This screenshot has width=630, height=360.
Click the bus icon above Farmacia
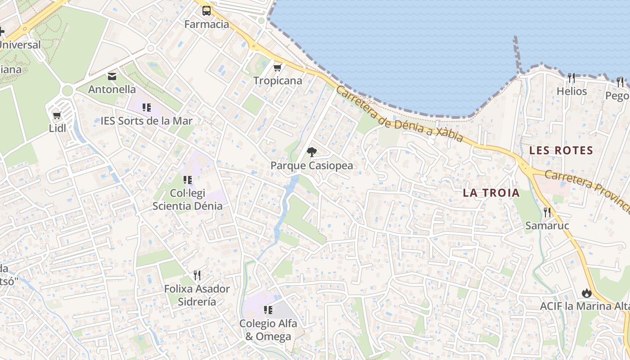pos(207,11)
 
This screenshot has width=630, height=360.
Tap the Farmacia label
pos(207,24)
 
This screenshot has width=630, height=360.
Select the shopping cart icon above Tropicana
pos(278,67)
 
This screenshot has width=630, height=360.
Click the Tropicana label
pos(278,81)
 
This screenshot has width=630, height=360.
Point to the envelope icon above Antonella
pos(112,76)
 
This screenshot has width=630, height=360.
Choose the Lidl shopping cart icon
pos(57,116)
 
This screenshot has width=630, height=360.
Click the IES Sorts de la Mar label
pos(146,121)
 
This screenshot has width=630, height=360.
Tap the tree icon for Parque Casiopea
pos(311,152)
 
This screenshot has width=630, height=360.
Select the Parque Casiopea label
pos(311,166)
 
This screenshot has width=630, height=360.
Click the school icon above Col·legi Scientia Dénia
pos(188,180)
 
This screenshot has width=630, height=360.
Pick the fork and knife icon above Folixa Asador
pos(197,275)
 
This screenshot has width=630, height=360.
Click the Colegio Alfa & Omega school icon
pos(268,310)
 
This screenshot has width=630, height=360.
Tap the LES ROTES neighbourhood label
pos(561,150)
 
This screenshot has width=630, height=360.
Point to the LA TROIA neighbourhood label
pos(491,193)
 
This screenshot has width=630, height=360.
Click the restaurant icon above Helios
pos(572,78)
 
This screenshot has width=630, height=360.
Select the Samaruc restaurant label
pos(547,226)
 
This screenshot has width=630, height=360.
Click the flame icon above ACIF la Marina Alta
pos(586,293)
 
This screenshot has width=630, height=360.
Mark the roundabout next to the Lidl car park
pos(67,90)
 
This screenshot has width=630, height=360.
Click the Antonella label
pos(112,90)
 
